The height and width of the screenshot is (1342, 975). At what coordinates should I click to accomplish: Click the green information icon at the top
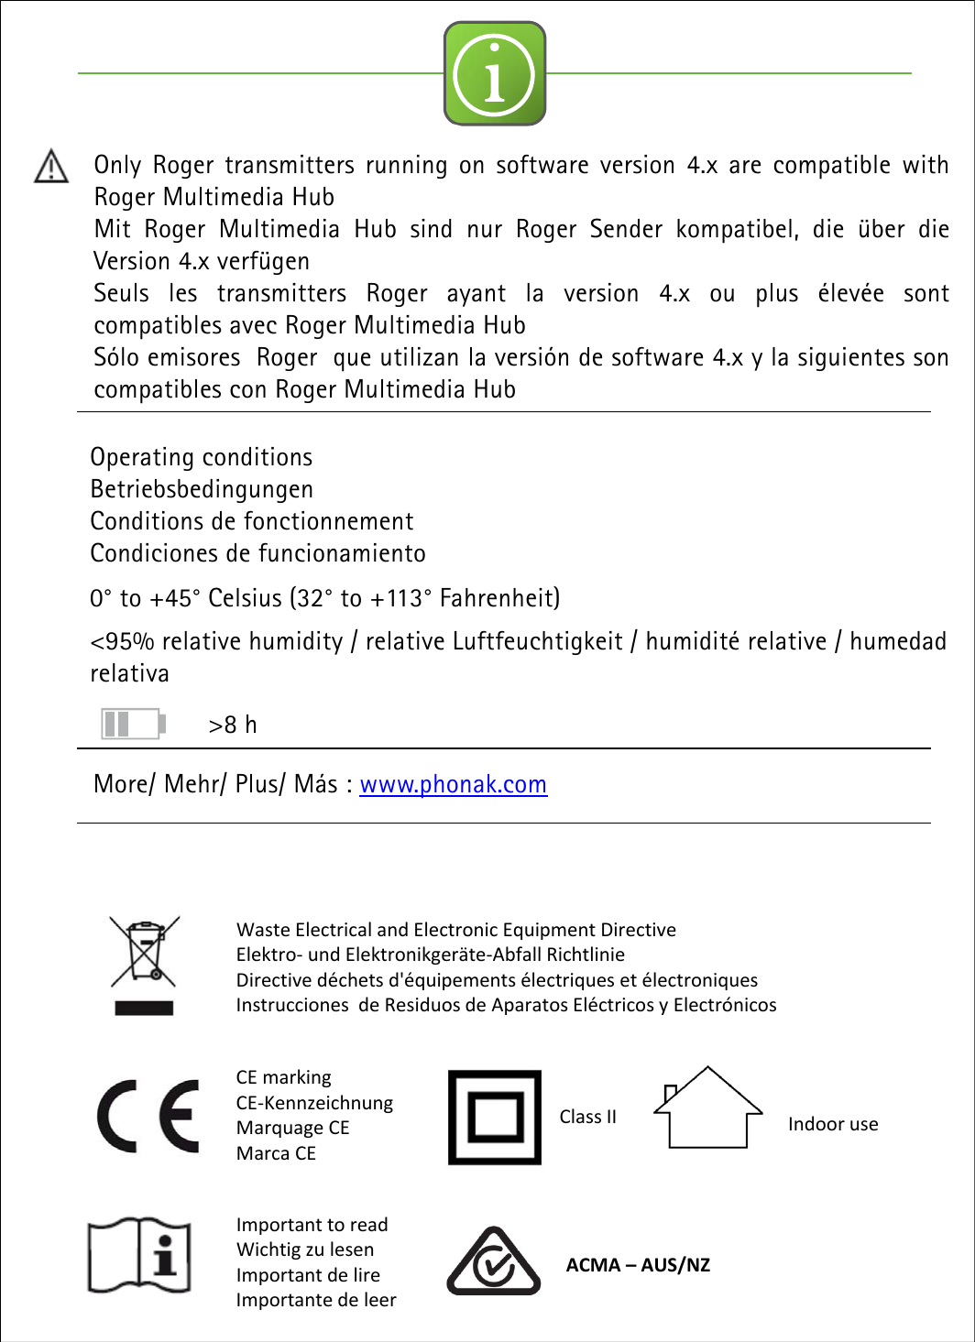495,73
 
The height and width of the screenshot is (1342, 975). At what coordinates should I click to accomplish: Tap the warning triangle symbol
51,167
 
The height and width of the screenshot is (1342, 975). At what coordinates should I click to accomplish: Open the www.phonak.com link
453,784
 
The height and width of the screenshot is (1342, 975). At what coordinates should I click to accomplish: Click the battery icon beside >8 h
133,724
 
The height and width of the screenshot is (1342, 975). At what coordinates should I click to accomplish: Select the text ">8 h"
233,725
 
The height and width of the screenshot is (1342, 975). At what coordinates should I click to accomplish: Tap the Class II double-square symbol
495,1117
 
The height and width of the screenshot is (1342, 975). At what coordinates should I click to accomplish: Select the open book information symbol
139,1254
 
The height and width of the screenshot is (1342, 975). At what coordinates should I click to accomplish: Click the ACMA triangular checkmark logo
493,1262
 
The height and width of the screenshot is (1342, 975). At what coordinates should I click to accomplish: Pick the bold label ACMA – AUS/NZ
638,1265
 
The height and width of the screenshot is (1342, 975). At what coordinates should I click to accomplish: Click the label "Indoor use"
832,1124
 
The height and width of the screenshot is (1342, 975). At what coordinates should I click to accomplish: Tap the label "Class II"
587,1117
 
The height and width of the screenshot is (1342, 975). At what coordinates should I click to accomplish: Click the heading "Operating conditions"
201,457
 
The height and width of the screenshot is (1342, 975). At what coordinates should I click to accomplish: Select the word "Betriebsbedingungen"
201,489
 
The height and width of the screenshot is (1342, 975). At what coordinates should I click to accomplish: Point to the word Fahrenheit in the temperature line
498,598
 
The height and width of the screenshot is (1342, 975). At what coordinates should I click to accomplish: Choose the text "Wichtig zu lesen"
304,1249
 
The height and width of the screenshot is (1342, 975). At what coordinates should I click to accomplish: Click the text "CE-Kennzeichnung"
314,1103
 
